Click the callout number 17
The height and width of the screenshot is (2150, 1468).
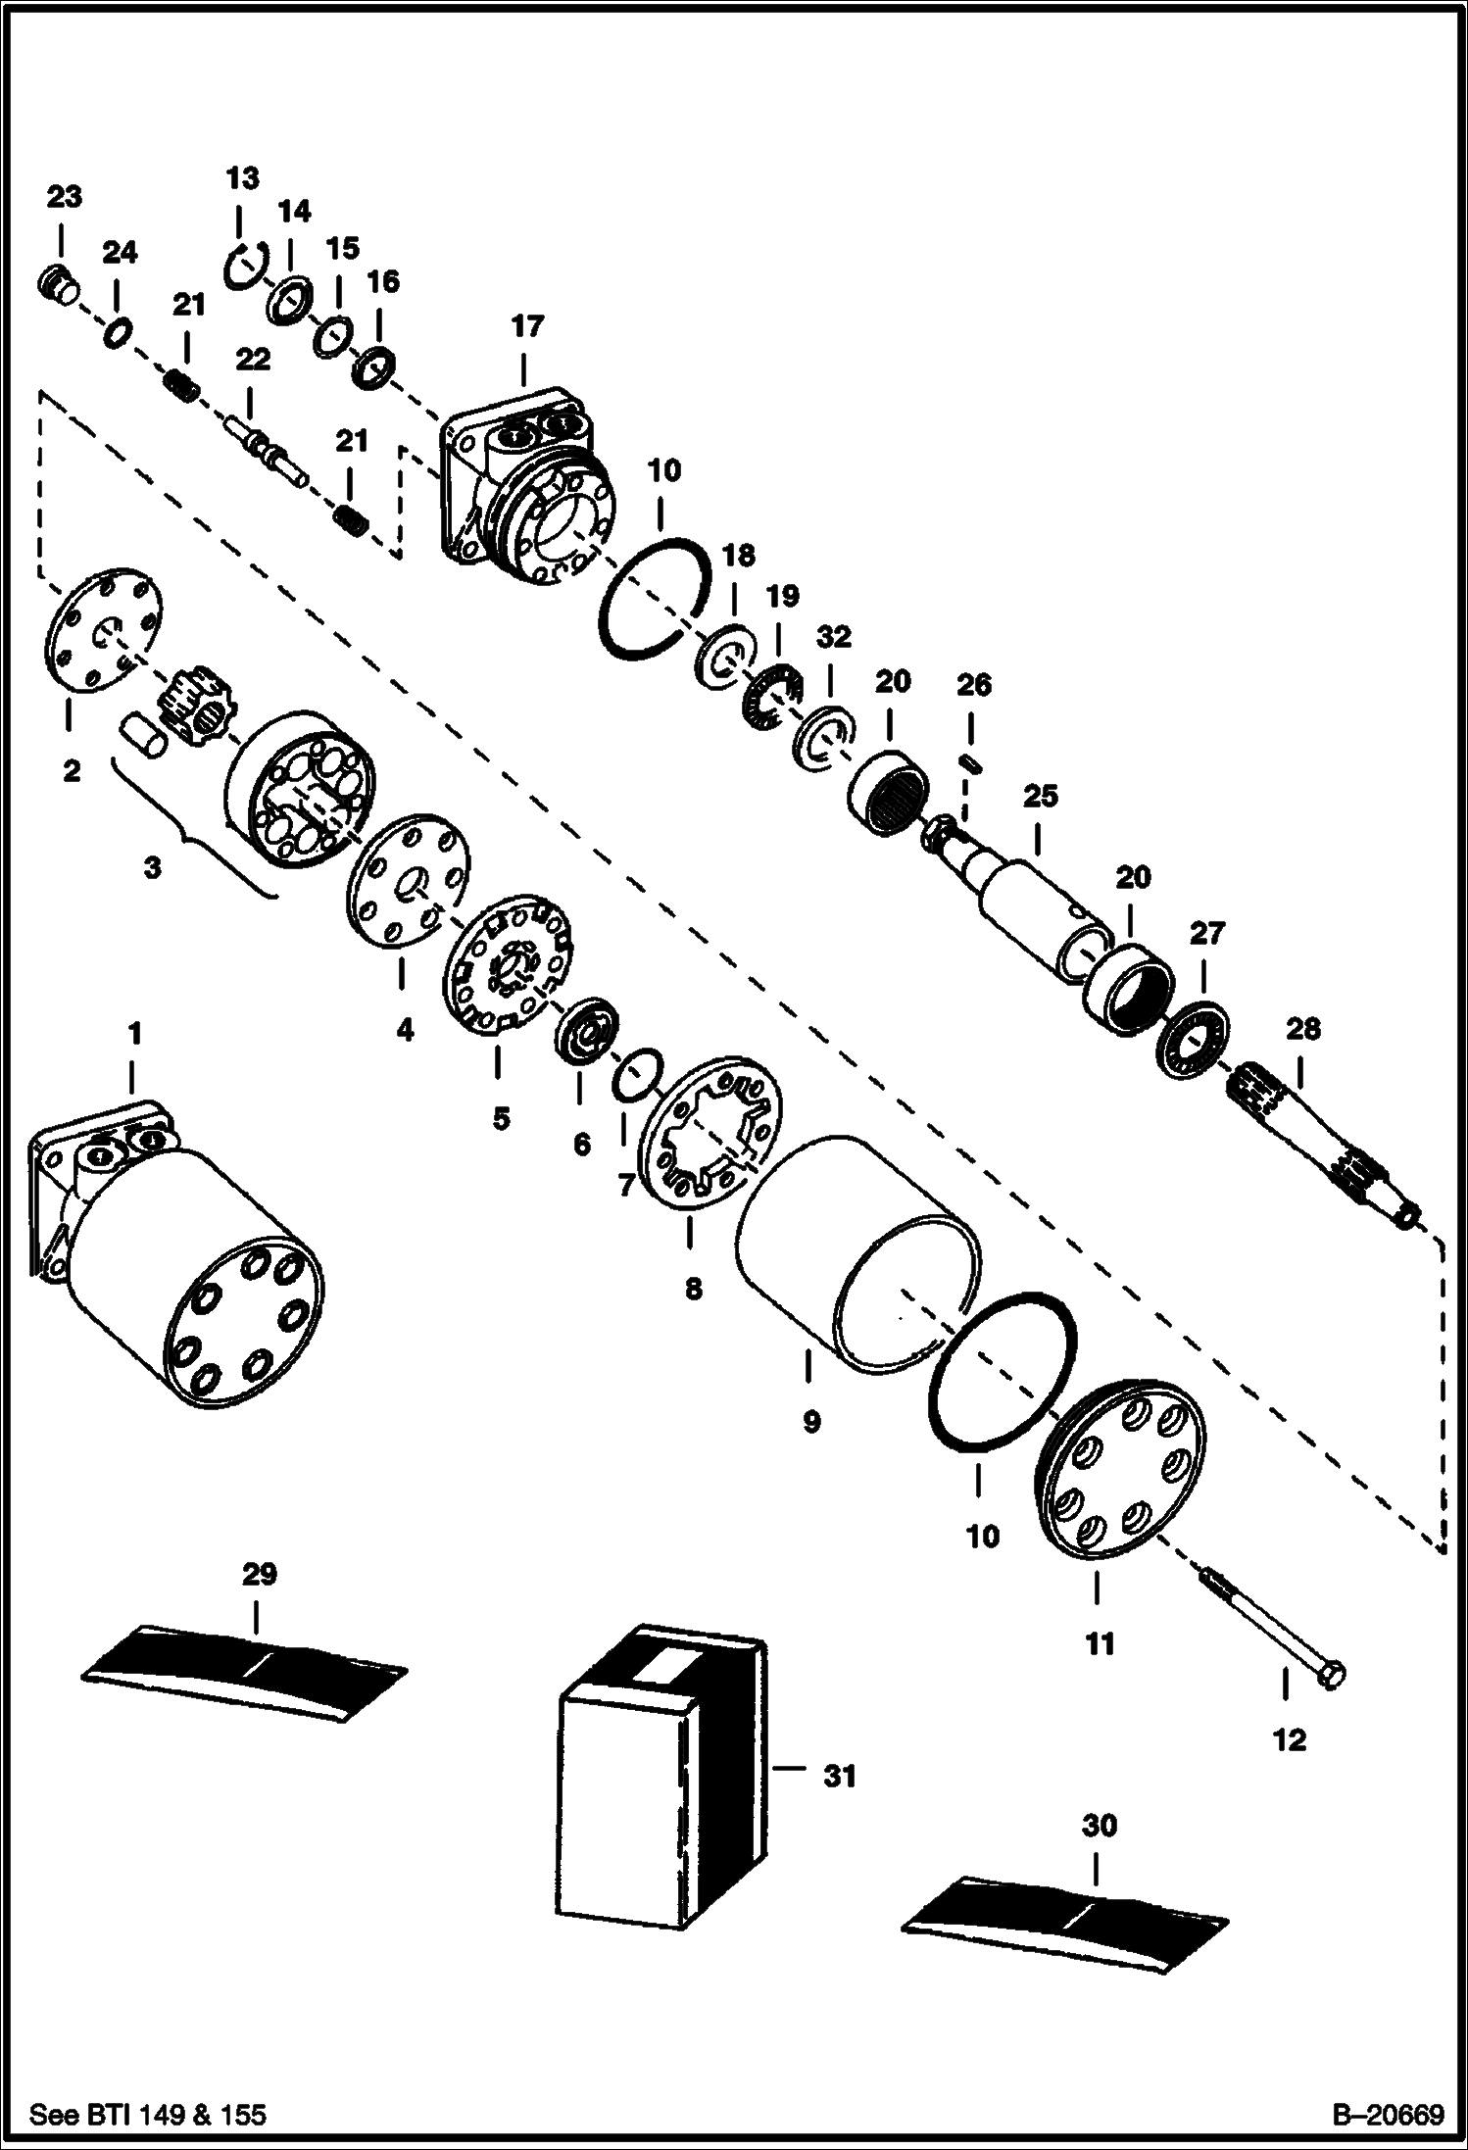(x=526, y=326)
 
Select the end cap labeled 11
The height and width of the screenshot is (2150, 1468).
(x=1121, y=1465)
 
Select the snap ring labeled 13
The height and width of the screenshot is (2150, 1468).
(x=238, y=268)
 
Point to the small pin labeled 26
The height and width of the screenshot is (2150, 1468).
(x=971, y=762)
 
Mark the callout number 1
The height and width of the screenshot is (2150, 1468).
(x=133, y=1033)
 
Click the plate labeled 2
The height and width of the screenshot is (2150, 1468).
(x=102, y=630)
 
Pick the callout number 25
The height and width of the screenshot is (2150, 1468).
(x=1040, y=796)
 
